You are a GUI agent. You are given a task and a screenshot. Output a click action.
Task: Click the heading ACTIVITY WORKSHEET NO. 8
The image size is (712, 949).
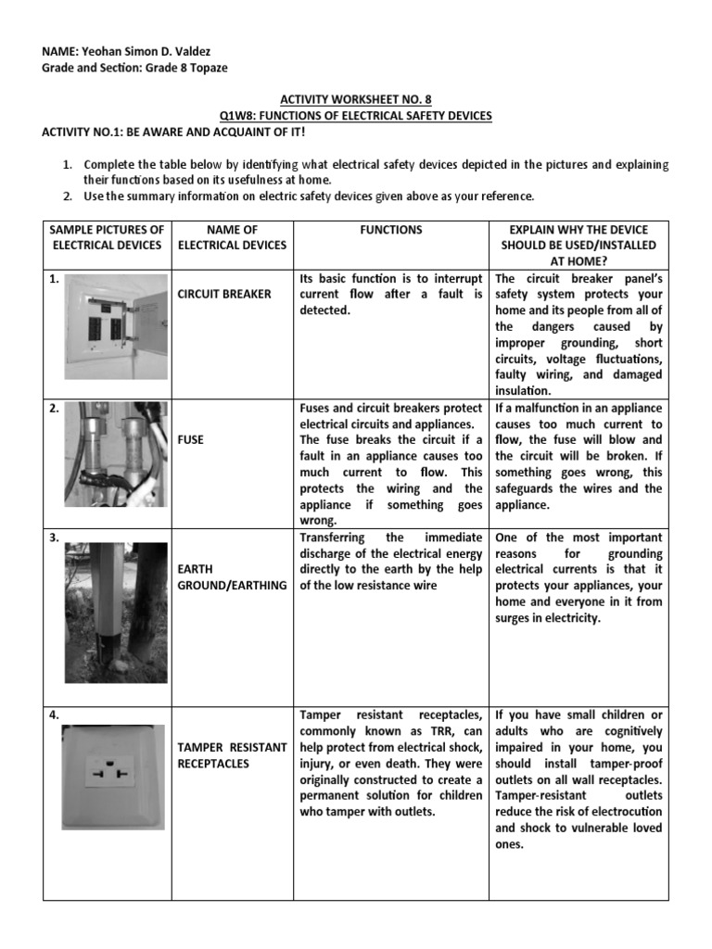pyautogui.click(x=356, y=99)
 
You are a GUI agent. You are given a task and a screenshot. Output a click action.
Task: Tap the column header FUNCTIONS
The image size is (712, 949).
pyautogui.click(x=391, y=229)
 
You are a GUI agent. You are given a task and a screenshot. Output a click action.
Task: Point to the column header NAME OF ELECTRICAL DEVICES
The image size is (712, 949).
pyautogui.click(x=232, y=237)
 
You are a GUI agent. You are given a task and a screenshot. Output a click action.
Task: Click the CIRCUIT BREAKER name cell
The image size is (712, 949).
pyautogui.click(x=224, y=294)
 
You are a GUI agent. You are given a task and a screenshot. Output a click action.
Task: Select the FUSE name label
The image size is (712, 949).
pyautogui.click(x=191, y=439)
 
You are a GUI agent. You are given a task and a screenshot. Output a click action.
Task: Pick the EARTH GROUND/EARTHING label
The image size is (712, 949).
pyautogui.click(x=232, y=577)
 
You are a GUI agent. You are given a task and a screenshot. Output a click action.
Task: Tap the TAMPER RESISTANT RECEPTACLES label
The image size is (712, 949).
pyautogui.click(x=232, y=754)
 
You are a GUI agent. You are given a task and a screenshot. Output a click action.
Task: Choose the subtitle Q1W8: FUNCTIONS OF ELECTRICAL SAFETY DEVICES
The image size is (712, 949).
pyautogui.click(x=355, y=115)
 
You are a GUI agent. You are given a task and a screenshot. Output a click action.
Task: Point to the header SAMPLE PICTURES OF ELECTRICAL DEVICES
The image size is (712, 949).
pyautogui.click(x=107, y=237)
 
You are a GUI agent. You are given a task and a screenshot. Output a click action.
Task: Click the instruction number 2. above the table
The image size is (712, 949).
pyautogui.click(x=68, y=196)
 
